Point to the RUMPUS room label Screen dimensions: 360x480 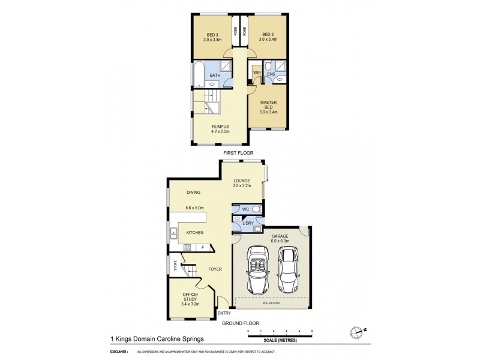pyautogui.click(x=220, y=127)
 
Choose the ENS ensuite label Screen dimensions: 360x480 pyautogui.click(x=271, y=75)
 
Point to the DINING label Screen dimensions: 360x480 pyautogui.click(x=193, y=193)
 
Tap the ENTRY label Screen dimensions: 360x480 pyautogui.click(x=224, y=313)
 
